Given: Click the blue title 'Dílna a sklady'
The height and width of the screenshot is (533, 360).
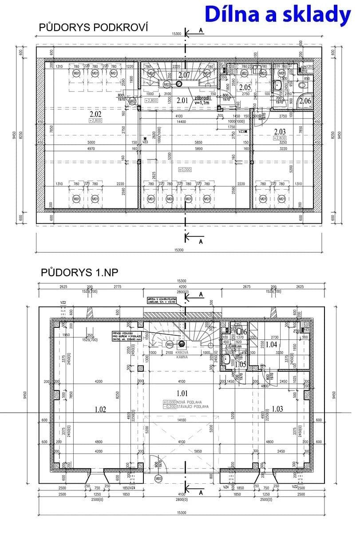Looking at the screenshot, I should coord(278,15).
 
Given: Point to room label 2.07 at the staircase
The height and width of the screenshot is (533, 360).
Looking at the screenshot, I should coord(184,75).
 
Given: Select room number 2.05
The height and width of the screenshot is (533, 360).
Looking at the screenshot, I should coord(245,87).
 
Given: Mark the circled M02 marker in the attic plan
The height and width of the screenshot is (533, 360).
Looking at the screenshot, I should coord(132,101).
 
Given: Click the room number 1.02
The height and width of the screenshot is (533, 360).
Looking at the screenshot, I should coord(100,409).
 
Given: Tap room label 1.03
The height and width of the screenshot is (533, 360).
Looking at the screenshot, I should coord(277,409).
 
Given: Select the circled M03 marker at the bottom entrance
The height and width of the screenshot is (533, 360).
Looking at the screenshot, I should coord(158,479).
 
